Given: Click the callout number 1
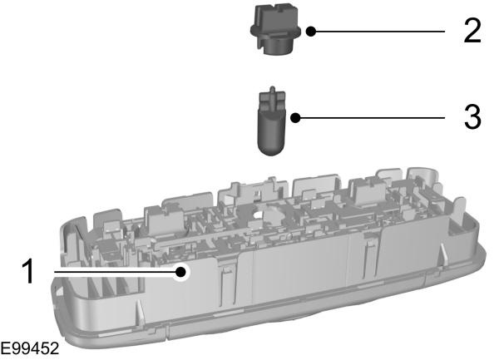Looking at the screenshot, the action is pyautogui.click(x=29, y=271).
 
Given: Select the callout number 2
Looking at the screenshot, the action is pyautogui.click(x=472, y=31).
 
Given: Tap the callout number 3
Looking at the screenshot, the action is pyautogui.click(x=472, y=117).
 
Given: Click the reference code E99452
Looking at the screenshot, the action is pyautogui.click(x=30, y=348).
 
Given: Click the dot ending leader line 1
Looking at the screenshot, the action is pyautogui.click(x=181, y=272).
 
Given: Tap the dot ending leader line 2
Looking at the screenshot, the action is pyautogui.click(x=311, y=32).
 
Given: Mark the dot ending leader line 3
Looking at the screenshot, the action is pyautogui.click(x=295, y=118).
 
